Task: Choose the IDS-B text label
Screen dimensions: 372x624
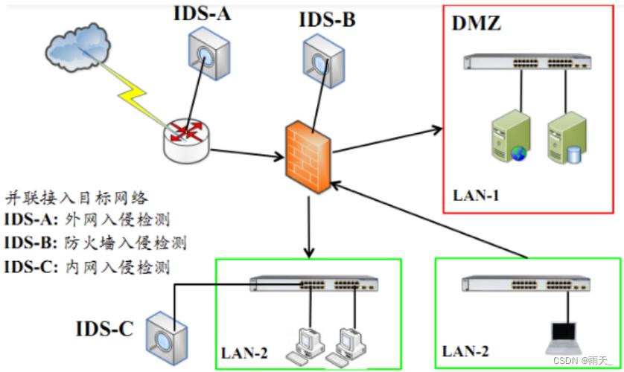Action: point(327,19)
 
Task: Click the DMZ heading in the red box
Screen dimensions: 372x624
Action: point(477,23)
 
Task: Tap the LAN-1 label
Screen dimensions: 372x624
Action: point(477,196)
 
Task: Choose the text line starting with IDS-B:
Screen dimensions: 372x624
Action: point(94,243)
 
